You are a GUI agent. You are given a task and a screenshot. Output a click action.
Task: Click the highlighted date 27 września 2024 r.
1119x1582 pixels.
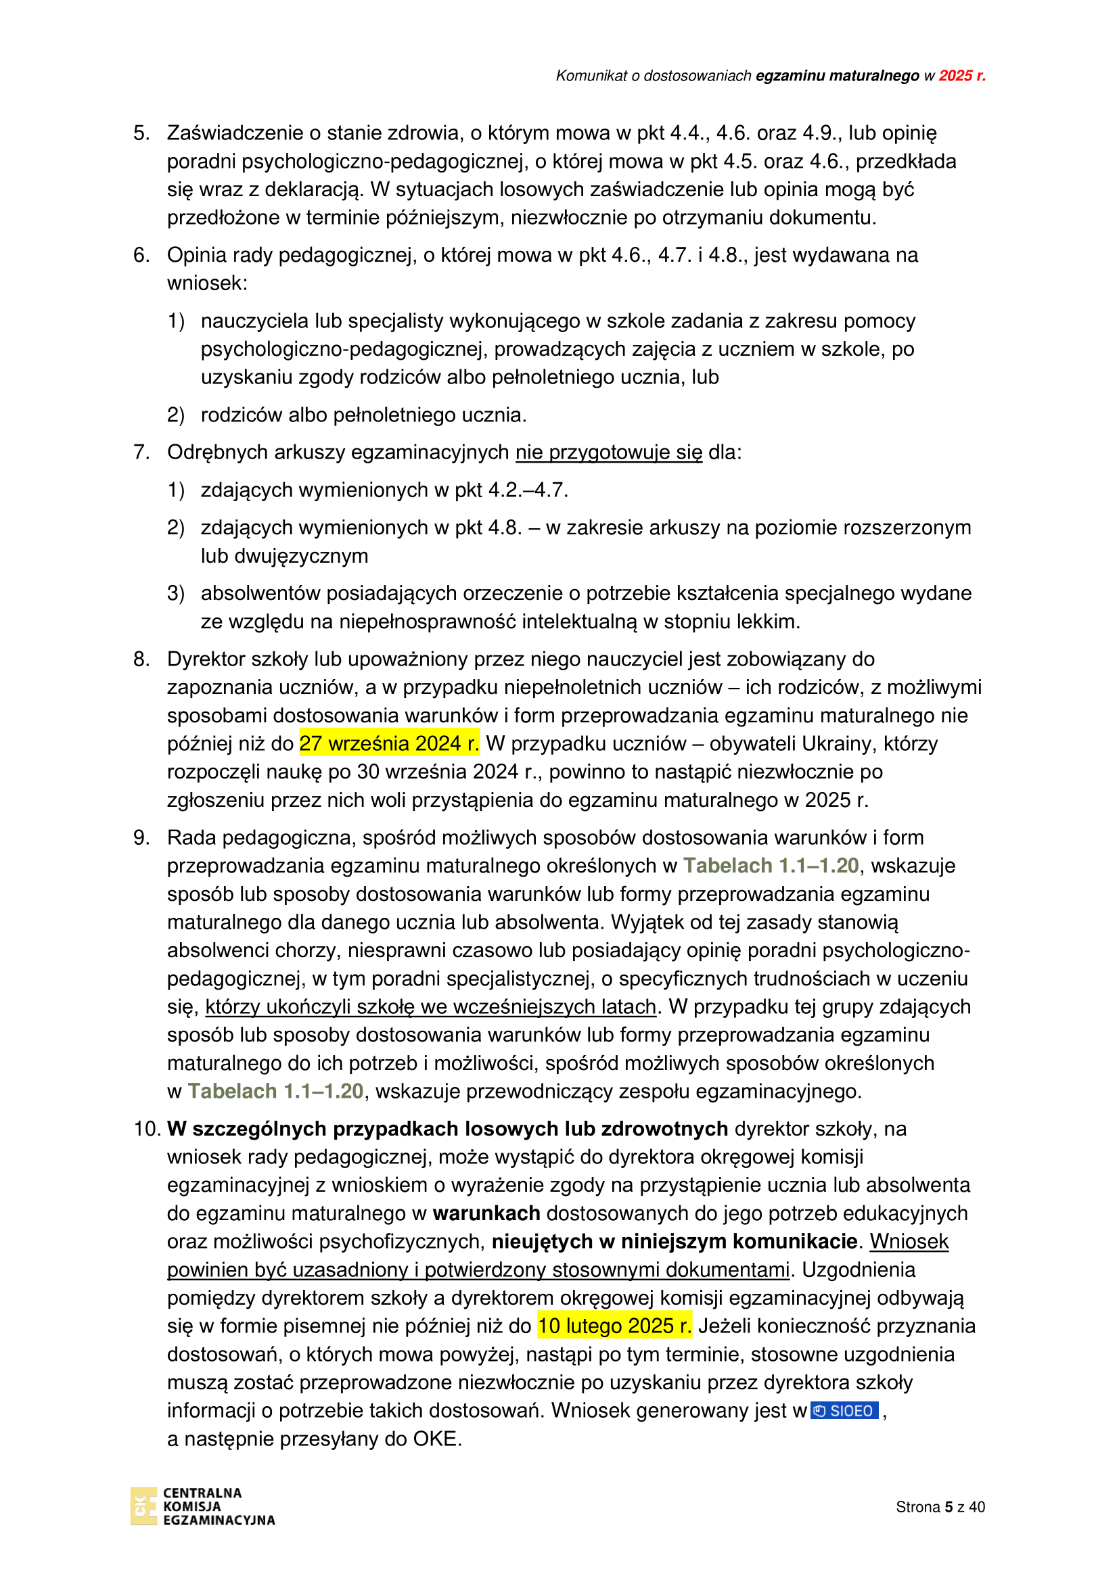389,743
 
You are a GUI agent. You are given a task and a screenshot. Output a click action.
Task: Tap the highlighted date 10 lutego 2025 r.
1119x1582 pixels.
614,1326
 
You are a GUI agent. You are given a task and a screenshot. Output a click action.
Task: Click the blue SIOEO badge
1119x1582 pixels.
844,1410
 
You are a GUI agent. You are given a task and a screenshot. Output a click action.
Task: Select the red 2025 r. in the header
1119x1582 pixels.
962,76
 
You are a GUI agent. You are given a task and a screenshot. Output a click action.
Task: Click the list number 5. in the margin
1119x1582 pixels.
141,133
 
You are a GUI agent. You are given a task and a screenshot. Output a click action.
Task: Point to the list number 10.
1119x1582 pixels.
147,1129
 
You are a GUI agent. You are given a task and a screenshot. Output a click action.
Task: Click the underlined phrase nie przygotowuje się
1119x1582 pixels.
608,452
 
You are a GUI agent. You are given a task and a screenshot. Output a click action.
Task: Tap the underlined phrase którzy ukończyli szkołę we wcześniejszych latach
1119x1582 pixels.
431,1006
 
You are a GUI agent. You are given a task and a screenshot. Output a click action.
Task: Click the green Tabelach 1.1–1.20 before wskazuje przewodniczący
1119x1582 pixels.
275,1092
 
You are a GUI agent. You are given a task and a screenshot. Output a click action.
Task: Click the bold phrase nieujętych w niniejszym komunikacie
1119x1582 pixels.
674,1241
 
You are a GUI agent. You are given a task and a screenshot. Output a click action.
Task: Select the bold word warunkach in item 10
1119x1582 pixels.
486,1213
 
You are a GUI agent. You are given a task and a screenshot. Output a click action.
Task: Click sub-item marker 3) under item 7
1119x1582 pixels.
176,593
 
